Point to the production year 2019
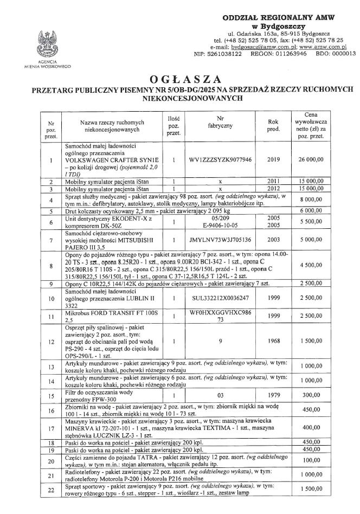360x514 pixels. point(273,160)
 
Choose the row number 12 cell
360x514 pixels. point(50,342)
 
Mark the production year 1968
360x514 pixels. point(273,342)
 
